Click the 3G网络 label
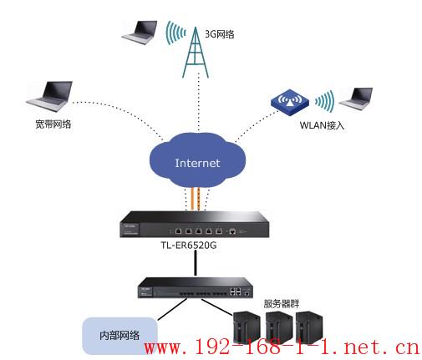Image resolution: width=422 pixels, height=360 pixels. click(219, 34)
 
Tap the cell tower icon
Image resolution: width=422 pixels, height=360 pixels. click(196, 53)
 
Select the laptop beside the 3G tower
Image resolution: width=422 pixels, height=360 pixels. click(140, 33)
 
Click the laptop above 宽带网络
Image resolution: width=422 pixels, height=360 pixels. click(49, 96)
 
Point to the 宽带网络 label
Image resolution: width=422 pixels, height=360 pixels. click(53, 124)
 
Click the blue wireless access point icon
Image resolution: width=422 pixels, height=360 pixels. click(290, 103)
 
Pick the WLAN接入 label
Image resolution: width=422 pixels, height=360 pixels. click(322, 125)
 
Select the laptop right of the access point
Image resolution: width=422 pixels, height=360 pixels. click(356, 99)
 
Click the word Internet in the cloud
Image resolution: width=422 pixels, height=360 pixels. click(197, 163)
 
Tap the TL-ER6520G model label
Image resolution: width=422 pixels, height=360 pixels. click(189, 246)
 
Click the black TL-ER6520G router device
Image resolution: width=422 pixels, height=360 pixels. click(195, 225)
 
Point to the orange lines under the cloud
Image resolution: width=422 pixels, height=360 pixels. click(195, 199)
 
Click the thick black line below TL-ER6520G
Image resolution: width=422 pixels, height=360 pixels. click(196, 262)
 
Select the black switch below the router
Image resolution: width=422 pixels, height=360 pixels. click(196, 287)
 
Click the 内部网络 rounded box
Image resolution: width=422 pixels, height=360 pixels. click(119, 336)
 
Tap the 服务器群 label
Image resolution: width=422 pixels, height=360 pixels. click(282, 303)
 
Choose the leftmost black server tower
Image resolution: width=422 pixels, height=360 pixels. click(247, 327)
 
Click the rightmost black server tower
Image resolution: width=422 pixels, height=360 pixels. click(309, 327)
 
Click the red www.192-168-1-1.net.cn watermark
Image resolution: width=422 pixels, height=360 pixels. click(282, 347)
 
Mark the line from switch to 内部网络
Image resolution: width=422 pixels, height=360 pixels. click(172, 309)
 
